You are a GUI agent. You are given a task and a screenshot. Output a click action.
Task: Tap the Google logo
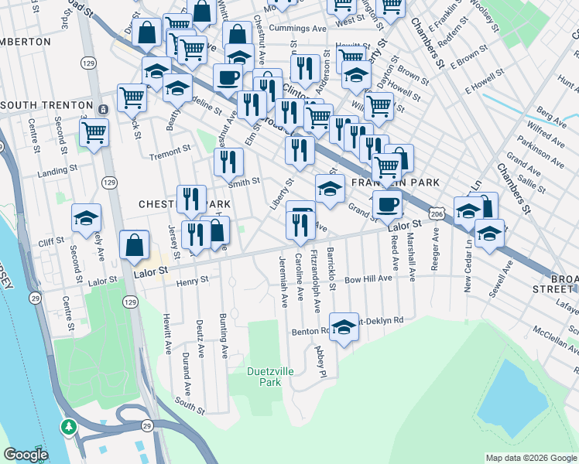tap(26, 455)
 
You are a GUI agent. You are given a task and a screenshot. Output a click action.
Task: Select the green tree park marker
tap(69, 426)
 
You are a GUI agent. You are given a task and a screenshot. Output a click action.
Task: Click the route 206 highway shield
tap(437, 213)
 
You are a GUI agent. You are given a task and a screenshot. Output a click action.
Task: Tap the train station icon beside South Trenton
tap(102, 105)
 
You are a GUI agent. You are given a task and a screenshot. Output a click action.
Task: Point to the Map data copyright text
tap(529, 458)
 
